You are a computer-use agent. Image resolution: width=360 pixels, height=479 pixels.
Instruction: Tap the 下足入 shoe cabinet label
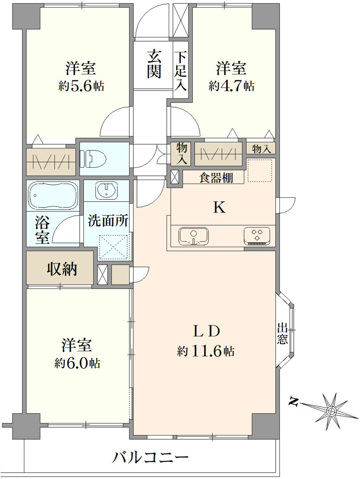coord(181,71)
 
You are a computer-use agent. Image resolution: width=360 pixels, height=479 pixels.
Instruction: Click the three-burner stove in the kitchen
coord(257,236)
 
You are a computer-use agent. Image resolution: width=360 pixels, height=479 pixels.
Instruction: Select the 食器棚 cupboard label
coord(216,178)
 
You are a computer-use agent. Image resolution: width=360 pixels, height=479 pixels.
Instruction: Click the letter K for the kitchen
coord(219,207)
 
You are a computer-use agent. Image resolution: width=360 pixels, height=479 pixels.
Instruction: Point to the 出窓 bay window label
coord(282,334)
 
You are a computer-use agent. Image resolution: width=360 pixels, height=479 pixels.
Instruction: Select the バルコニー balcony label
coord(151,457)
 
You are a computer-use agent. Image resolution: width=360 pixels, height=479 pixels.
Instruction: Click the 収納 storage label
coord(62,269)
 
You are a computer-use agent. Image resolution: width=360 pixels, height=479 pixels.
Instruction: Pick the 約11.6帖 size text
coord(206,351)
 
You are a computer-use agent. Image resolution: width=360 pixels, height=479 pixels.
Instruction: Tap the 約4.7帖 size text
coord(232,86)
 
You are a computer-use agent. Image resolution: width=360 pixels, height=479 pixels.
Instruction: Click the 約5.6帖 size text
coord(81,86)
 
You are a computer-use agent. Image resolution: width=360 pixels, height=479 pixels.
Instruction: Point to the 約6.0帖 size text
coord(78,363)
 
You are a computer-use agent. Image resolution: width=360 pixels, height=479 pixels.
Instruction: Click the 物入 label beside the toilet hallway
coord(182,154)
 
